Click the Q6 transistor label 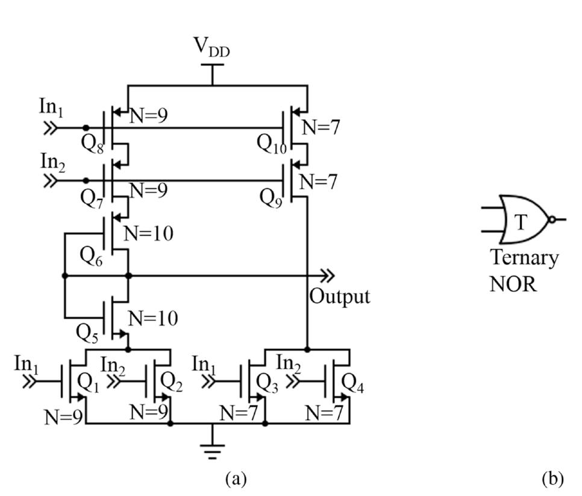click(92, 260)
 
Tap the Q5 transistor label click(90, 331)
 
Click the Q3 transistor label click(269, 382)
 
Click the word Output click(339, 297)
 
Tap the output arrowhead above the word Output click(327, 276)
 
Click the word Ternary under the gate click(524, 258)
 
